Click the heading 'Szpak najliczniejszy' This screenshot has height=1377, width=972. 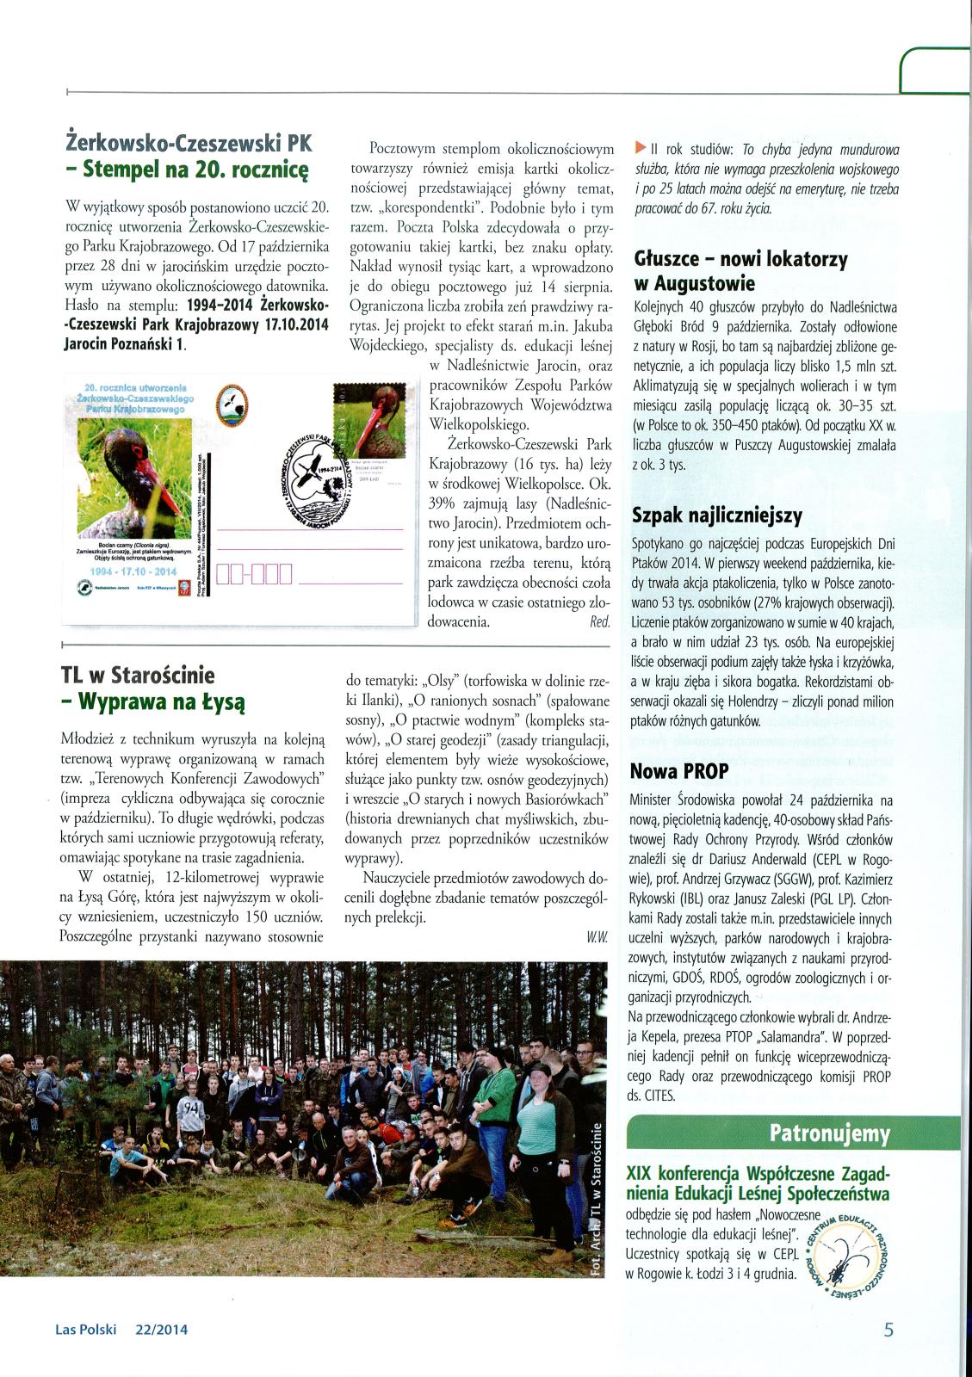716,516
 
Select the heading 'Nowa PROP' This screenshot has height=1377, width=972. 679,770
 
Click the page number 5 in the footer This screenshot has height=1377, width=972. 888,1329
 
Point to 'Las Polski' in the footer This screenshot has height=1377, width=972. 85,1330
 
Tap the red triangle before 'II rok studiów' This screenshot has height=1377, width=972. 639,146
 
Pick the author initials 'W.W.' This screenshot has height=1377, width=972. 597,939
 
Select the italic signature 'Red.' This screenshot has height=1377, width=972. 600,621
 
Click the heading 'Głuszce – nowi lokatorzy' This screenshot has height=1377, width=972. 740,259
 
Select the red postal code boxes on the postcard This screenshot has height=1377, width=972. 255,573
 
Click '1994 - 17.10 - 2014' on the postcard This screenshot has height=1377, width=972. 134,571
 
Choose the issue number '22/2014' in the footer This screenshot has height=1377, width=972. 162,1330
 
